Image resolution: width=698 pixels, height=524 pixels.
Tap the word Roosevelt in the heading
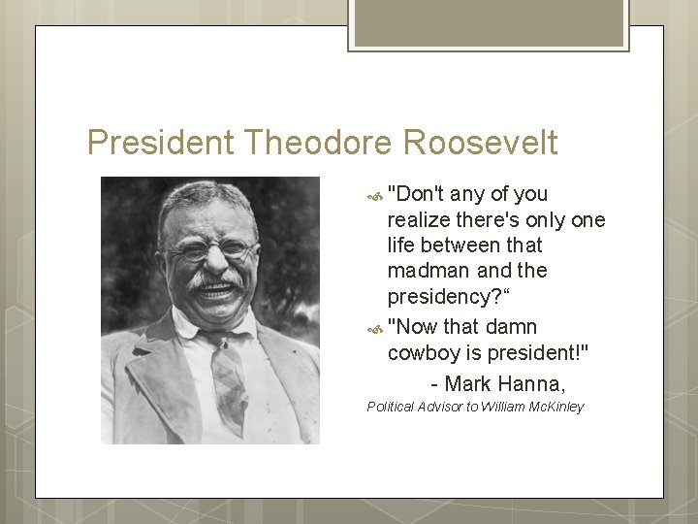[480, 144]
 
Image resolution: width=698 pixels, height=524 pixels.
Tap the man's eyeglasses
[211, 248]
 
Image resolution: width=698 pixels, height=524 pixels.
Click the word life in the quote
[402, 246]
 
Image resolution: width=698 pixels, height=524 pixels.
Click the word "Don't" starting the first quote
[415, 194]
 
